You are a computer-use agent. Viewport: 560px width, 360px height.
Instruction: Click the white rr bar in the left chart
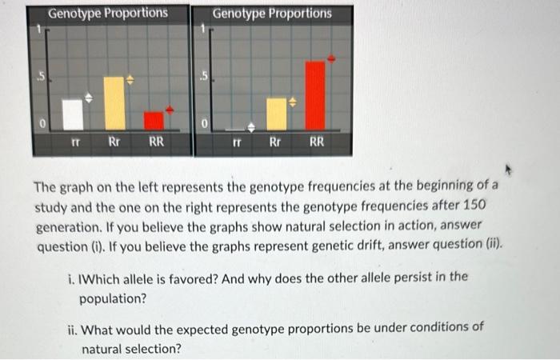coord(74,114)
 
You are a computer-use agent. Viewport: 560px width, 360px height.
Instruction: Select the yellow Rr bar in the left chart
coord(115,103)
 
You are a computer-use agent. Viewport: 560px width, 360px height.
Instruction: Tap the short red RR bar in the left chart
coord(154,121)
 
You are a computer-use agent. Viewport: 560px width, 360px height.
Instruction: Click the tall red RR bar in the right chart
coord(316,95)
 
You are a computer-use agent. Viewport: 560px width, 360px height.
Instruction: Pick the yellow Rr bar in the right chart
coord(276,114)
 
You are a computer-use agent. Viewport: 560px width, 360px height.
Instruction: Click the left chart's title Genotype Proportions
coord(108,14)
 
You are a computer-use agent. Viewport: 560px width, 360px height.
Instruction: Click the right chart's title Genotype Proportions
coord(273,14)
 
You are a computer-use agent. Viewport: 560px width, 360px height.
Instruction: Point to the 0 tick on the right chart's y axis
coord(205,124)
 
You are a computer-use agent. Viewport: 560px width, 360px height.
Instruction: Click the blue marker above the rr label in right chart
coord(250,126)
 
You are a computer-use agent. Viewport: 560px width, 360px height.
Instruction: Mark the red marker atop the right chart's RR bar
coord(333,58)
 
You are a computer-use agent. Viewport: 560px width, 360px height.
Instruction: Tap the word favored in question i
coord(209,278)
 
